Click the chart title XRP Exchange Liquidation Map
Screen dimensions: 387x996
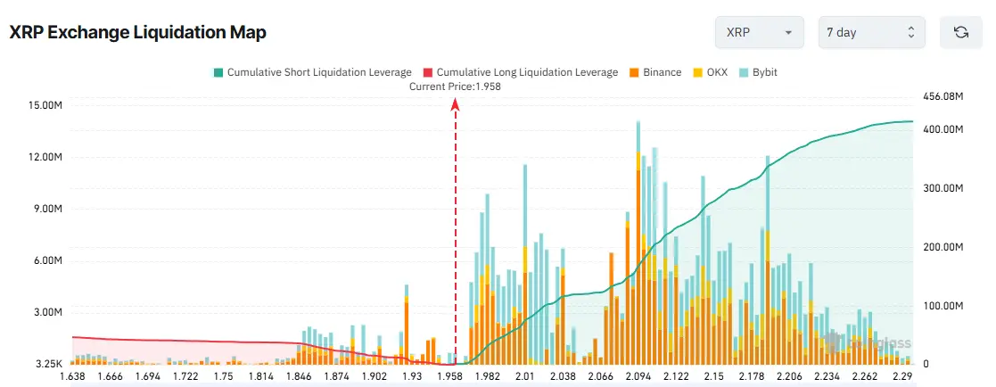[137, 32]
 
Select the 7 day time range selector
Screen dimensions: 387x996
[870, 32]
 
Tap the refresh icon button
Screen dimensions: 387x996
[960, 32]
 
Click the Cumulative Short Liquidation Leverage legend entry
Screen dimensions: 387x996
[312, 72]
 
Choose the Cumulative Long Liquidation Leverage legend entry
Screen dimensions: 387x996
[520, 72]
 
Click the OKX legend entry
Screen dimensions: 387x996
[712, 72]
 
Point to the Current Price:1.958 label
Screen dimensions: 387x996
[455, 86]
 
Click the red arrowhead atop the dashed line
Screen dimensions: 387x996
[456, 103]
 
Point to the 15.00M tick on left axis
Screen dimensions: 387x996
[45, 105]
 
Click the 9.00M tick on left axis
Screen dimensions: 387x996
[45, 210]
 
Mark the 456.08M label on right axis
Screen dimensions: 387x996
[942, 95]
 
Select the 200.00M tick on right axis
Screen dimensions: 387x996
[942, 247]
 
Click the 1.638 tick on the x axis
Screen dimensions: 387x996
[72, 377]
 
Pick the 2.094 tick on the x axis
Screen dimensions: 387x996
[638, 377]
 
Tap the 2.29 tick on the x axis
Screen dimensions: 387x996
[901, 377]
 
